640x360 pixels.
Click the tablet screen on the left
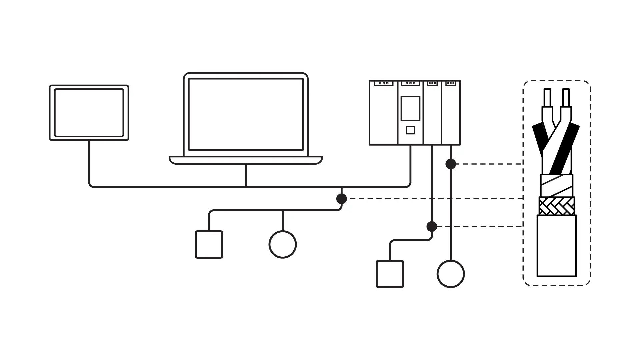pos(89,113)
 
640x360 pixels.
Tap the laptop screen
pos(246,114)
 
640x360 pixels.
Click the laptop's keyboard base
pos(246,160)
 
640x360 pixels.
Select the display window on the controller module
pos(410,108)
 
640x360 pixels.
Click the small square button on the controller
pos(410,130)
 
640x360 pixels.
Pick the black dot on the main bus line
pos(342,199)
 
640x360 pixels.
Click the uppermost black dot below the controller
pos(451,164)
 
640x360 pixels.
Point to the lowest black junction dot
pos(432,227)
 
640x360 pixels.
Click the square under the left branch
pos(209,244)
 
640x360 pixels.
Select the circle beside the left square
pos(283,244)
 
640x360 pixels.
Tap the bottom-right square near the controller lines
pos(390,274)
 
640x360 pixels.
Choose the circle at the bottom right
pos(451,274)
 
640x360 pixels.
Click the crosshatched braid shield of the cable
pos(557,206)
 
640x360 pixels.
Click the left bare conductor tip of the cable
pos(547,97)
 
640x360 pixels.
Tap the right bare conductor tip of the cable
pos(566,97)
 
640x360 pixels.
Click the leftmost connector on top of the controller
pos(384,83)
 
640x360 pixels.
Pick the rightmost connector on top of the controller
pos(451,83)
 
